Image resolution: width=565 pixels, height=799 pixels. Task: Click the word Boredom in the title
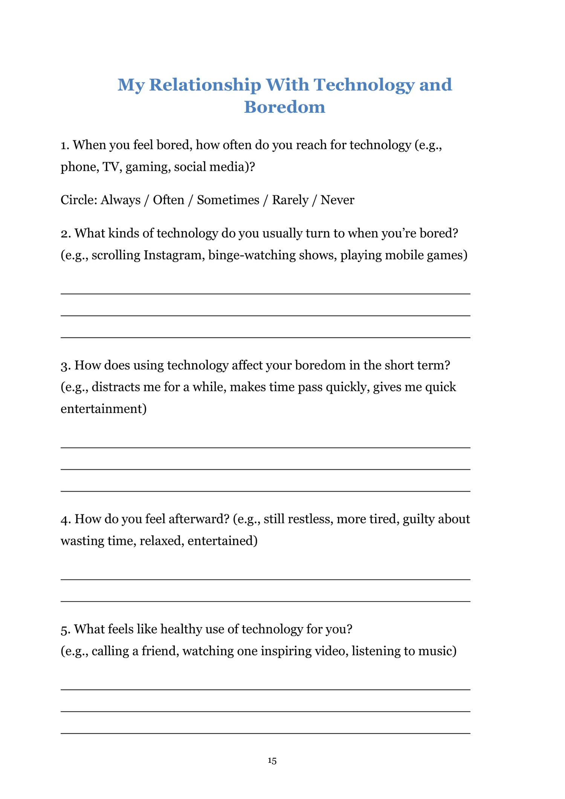[284, 107]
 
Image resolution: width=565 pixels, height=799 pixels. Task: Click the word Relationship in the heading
[205, 85]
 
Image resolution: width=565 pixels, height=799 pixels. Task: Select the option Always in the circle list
[120, 200]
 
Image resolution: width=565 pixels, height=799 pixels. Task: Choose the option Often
[168, 200]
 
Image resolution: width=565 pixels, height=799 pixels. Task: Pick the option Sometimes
[228, 200]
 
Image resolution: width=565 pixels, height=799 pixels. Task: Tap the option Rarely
[290, 200]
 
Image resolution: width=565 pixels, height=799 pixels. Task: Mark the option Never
[337, 200]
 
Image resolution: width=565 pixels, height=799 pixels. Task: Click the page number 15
[272, 761]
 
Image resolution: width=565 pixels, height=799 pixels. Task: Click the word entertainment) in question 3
[104, 409]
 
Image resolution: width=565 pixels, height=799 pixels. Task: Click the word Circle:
[79, 200]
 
